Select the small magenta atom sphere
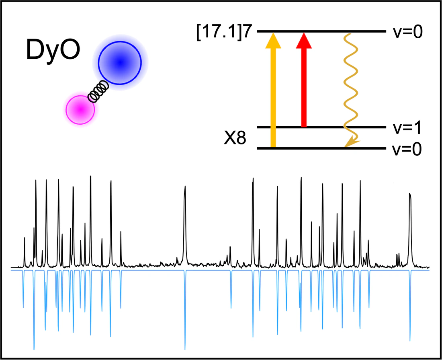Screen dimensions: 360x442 point(80,109)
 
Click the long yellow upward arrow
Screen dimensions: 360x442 point(273,93)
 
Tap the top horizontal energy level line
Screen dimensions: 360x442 point(321,31)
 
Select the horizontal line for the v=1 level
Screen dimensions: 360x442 point(321,128)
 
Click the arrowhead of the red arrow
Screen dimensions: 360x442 point(304,40)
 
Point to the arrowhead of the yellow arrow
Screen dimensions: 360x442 point(273,40)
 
